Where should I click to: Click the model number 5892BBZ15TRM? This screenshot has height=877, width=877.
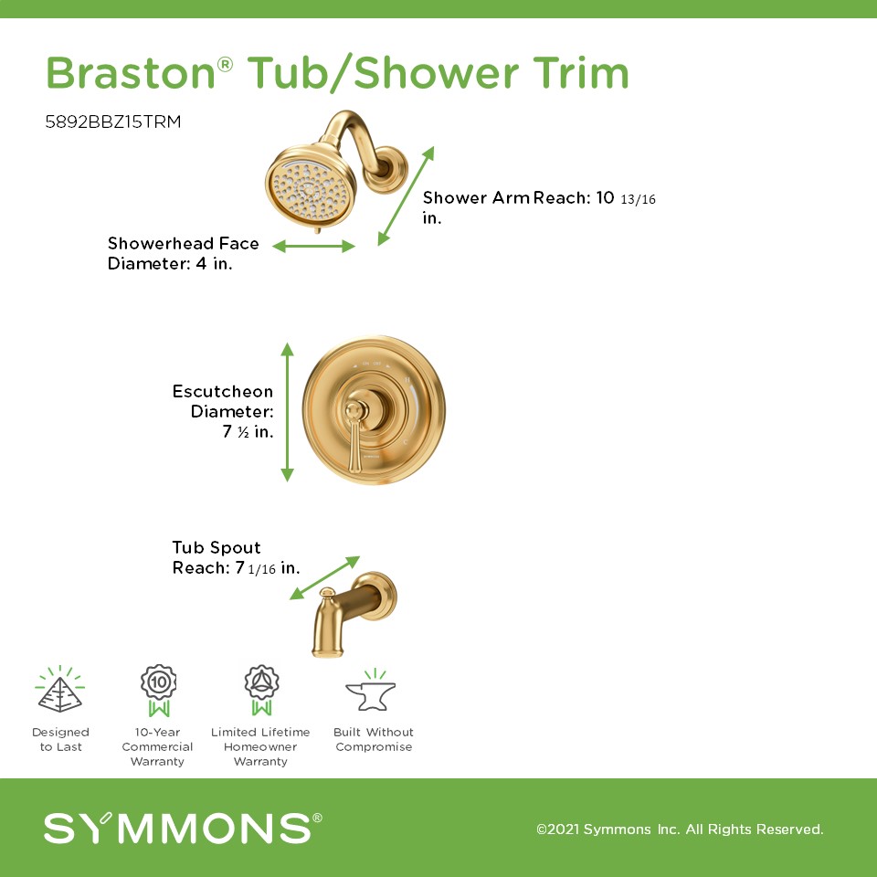pyautogui.click(x=113, y=122)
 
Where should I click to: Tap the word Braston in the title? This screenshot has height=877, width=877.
pyautogui.click(x=131, y=73)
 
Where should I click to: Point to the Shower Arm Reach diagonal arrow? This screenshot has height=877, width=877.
pyautogui.click(x=406, y=195)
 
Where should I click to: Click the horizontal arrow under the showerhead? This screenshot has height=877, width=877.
pyautogui.click(x=313, y=246)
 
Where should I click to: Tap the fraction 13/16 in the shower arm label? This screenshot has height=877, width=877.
pyautogui.click(x=638, y=199)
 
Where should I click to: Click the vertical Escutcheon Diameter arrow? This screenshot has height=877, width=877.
pyautogui.click(x=287, y=412)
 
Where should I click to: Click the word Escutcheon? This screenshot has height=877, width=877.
pyautogui.click(x=223, y=391)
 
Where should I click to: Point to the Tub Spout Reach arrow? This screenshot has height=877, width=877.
pyautogui.click(x=324, y=577)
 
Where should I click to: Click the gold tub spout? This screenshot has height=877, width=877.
pyautogui.click(x=353, y=614)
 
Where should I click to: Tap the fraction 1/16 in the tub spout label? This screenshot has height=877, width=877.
pyautogui.click(x=262, y=569)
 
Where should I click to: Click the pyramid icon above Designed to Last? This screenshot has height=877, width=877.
pyautogui.click(x=60, y=690)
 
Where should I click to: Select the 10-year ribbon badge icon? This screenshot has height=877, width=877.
pyautogui.click(x=158, y=691)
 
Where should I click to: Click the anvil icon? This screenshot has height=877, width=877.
pyautogui.click(x=371, y=692)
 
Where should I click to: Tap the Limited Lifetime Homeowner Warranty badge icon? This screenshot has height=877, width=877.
pyautogui.click(x=261, y=691)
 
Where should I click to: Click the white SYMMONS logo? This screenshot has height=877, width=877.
pyautogui.click(x=183, y=828)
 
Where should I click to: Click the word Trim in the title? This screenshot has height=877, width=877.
pyautogui.click(x=581, y=73)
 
